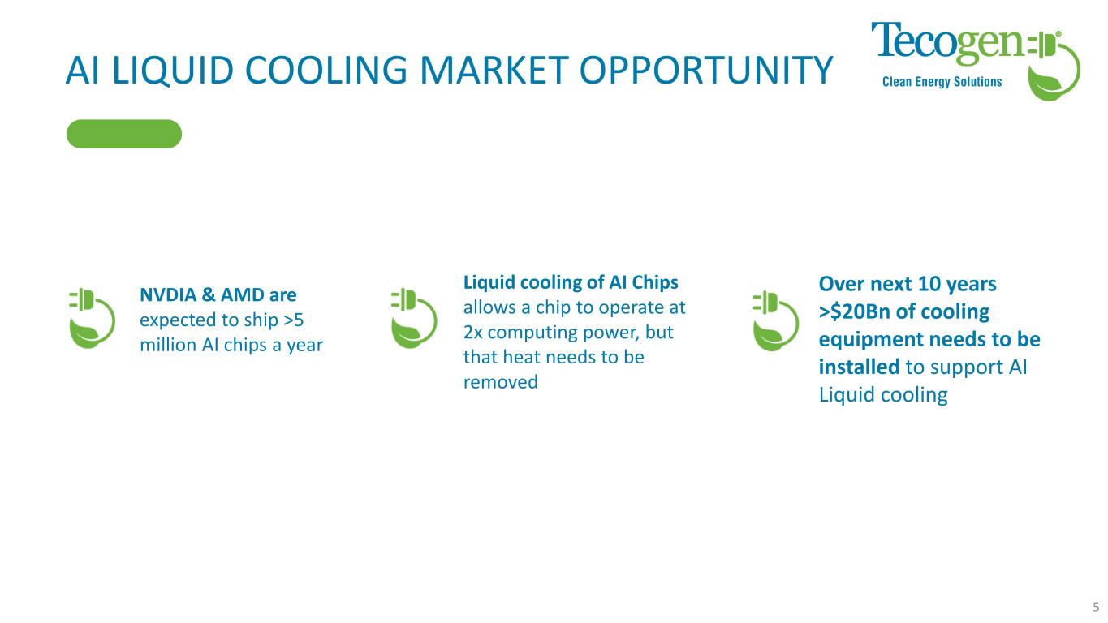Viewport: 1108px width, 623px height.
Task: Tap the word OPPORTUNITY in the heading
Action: point(706,70)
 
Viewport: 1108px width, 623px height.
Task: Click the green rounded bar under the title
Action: point(124,134)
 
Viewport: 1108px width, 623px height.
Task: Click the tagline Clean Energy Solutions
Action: point(942,82)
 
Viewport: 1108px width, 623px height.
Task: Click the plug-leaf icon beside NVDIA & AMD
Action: point(92,319)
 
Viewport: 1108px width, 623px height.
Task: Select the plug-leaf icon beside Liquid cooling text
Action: point(414,319)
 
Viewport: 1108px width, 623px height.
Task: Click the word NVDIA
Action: point(168,294)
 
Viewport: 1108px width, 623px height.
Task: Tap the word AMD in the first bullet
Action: point(243,294)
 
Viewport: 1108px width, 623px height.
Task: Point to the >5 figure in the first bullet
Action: point(293,320)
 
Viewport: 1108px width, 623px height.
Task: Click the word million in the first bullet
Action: point(168,345)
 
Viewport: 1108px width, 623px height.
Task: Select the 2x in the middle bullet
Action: point(473,333)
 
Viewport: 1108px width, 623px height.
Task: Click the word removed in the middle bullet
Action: point(501,382)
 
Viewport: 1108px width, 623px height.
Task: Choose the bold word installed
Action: point(859,367)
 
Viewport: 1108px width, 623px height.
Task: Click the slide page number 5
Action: point(1096,607)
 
